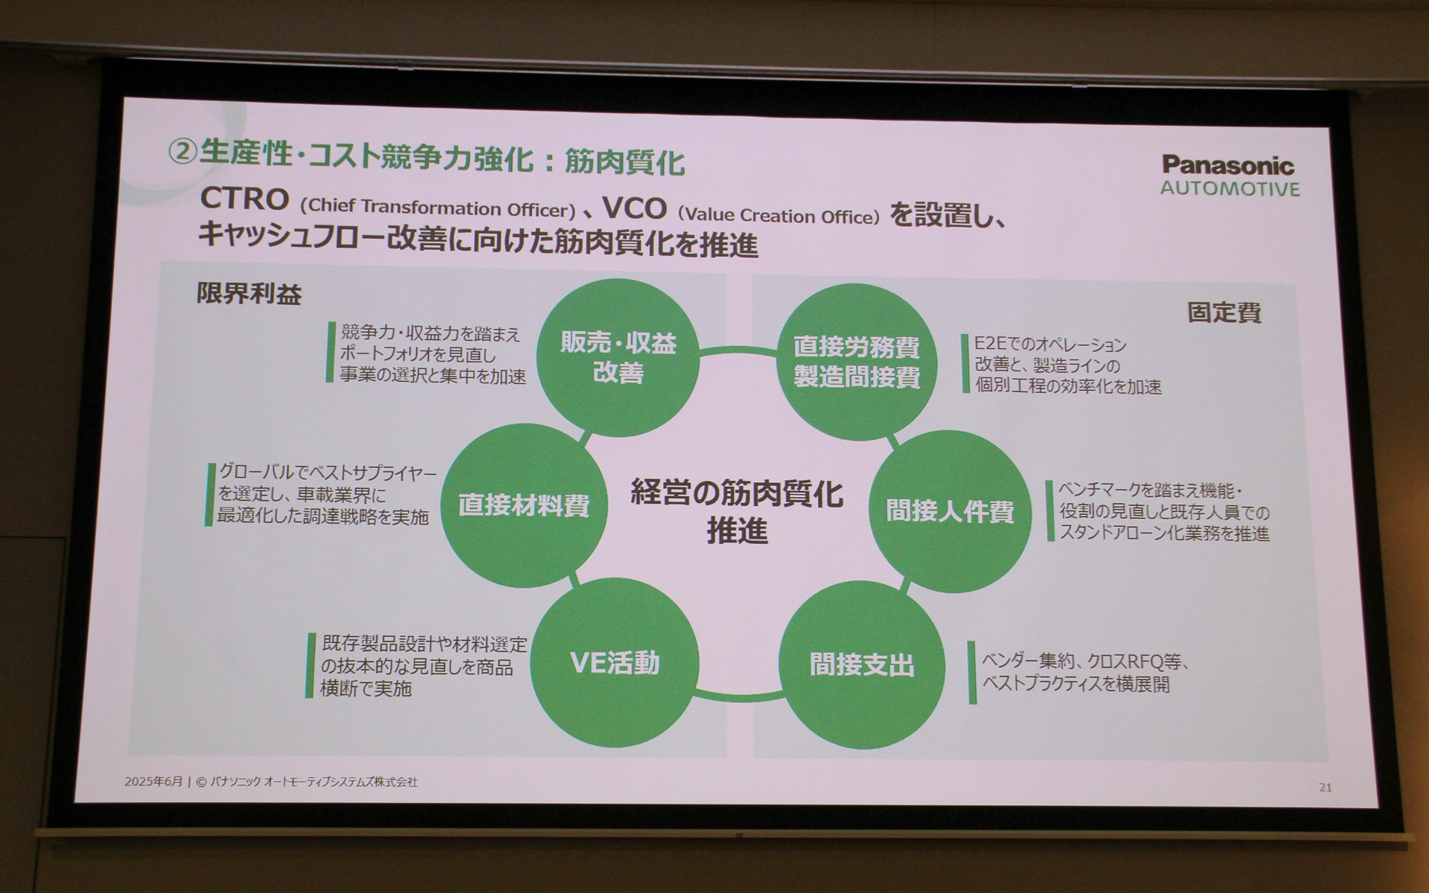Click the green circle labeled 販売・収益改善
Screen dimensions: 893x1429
[618, 357]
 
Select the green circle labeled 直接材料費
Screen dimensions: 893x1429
[524, 505]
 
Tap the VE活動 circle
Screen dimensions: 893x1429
[615, 663]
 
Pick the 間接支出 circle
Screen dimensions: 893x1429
[861, 665]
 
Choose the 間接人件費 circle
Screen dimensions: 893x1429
[950, 511]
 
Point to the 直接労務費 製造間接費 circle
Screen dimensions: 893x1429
[856, 362]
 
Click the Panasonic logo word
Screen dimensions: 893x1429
[1228, 165]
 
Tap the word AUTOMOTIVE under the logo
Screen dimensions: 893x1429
[1230, 189]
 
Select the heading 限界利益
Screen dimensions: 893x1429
[249, 295]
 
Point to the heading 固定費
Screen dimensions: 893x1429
[1224, 313]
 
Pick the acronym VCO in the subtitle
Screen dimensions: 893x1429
[634, 209]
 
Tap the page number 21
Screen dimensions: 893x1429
[1325, 787]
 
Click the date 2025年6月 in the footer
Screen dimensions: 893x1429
[153, 782]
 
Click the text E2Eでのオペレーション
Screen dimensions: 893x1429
[1050, 345]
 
